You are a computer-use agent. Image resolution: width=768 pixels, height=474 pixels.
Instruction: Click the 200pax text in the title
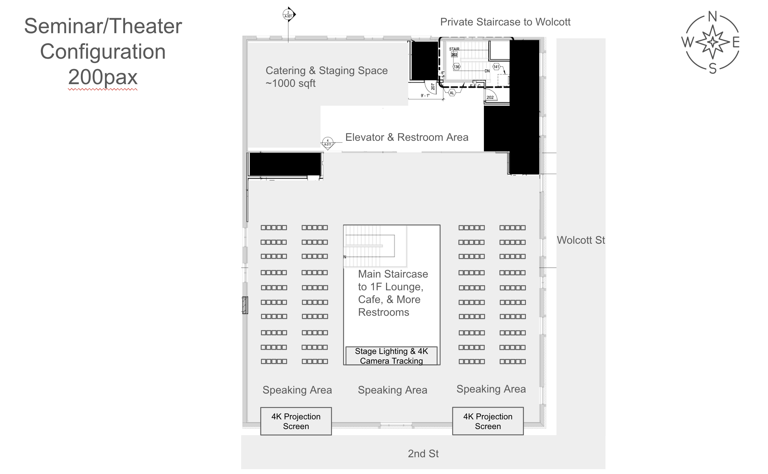click(x=103, y=77)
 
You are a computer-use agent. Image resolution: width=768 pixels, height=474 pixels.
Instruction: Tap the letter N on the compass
click(x=712, y=16)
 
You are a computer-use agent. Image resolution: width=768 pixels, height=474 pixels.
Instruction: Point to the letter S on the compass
click(x=712, y=68)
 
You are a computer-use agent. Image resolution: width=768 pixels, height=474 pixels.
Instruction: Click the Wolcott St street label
click(x=581, y=240)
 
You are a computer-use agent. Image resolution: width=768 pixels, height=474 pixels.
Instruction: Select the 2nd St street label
click(x=423, y=454)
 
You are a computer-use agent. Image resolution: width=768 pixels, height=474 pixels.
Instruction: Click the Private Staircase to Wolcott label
click(x=505, y=22)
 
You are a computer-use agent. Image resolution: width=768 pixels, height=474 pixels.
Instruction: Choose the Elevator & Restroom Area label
click(x=406, y=137)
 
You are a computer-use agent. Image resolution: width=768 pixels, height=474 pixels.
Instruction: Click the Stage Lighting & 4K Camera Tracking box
click(x=391, y=356)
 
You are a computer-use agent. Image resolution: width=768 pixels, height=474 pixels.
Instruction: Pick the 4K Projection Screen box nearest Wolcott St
click(x=488, y=421)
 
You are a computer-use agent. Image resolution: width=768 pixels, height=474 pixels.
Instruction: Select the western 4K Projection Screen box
click(x=296, y=421)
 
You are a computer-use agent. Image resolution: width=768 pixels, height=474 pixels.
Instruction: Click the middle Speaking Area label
click(x=392, y=390)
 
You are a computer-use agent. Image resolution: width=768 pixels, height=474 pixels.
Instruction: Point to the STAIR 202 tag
click(x=454, y=52)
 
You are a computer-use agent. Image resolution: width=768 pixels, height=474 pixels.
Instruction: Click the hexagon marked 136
click(x=456, y=67)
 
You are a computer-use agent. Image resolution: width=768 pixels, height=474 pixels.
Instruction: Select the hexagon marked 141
click(x=496, y=67)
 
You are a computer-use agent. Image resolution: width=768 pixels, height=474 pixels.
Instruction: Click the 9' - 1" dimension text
click(x=425, y=96)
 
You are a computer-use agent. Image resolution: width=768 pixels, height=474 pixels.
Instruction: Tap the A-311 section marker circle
click(x=328, y=142)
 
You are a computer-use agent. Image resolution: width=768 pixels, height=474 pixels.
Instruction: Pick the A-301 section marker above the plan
click(x=288, y=15)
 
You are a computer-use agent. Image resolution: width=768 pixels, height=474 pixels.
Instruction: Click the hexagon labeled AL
click(x=452, y=93)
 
